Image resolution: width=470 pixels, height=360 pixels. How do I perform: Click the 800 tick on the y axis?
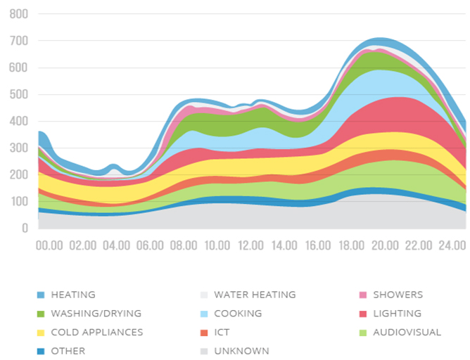point(18,14)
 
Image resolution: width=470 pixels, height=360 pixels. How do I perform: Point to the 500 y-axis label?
point(18,94)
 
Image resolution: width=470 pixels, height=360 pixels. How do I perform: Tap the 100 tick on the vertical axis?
point(18,202)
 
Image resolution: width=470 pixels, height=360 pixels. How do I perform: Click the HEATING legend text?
point(73,295)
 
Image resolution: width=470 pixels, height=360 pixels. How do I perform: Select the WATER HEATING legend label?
point(255,295)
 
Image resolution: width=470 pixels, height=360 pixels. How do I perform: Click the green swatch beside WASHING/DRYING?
point(41,314)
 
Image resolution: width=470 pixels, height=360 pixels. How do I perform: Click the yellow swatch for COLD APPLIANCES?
point(41,333)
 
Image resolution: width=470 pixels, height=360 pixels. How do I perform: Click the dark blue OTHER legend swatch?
point(41,351)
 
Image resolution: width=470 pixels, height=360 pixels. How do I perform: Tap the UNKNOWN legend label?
point(241,351)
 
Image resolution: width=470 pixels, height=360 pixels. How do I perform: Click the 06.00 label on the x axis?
point(150,245)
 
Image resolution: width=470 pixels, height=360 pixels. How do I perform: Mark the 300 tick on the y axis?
point(18,148)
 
